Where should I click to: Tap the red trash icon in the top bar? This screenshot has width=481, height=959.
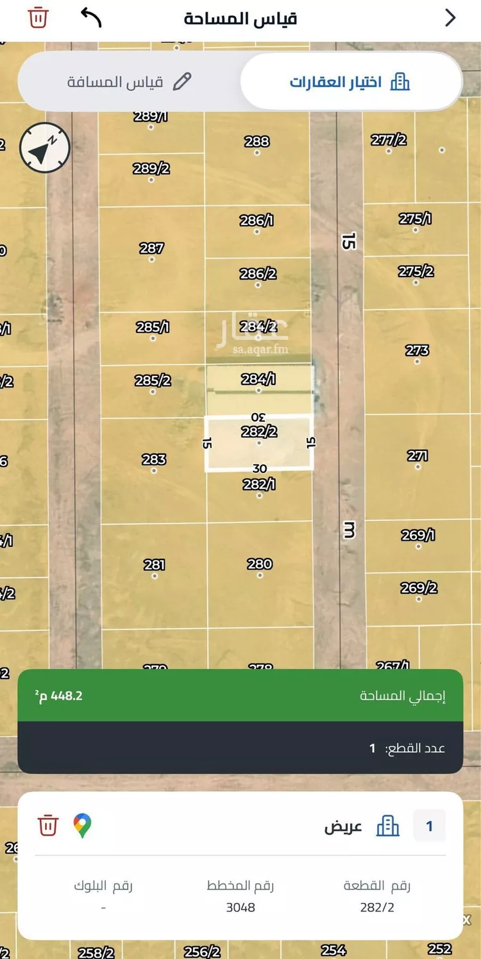coord(38,17)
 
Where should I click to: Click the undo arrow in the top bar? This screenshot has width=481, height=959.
coord(91,17)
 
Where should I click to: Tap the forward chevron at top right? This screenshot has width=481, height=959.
coord(450,18)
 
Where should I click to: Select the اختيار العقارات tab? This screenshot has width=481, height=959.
coord(350,82)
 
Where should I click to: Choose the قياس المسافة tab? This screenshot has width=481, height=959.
coord(129,82)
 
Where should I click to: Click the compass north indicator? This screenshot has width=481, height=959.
coord(44,148)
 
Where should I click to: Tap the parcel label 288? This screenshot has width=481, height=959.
coord(257,141)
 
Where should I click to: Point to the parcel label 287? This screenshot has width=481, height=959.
coord(151,248)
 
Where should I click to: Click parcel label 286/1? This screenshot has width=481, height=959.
coord(257,220)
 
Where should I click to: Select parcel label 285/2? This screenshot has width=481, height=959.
coord(153,380)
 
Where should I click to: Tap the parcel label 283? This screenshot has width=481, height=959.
coord(154,459)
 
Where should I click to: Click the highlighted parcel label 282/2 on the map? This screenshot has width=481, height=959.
coord(259,432)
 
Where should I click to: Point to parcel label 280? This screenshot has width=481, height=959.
coord(260,564)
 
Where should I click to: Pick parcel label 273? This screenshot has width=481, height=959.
coord(417,350)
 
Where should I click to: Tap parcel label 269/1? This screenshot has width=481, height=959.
coord(418,534)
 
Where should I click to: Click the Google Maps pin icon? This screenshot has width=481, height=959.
coord(82,826)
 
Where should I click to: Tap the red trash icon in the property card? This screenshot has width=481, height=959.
coord(48,825)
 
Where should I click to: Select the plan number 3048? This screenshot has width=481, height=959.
coord(240,907)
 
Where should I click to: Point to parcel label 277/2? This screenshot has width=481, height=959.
coord(389,139)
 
